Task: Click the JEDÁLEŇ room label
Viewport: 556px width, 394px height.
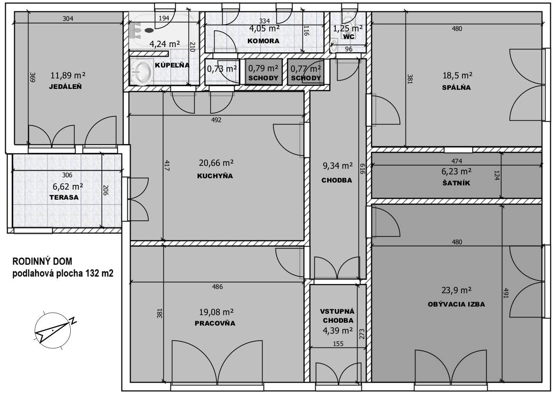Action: click(65, 86)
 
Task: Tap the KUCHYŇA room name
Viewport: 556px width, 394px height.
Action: click(215, 176)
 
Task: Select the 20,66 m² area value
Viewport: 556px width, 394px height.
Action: click(216, 163)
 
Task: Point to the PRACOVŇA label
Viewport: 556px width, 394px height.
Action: click(215, 323)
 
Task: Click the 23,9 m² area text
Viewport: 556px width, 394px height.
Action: click(456, 290)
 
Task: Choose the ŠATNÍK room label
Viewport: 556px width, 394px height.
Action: click(456, 183)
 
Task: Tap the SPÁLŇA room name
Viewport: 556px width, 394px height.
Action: click(456, 87)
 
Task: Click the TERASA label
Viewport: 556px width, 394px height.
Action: click(64, 197)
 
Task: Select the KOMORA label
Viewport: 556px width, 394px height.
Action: click(264, 41)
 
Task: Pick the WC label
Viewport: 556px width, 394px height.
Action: click(349, 37)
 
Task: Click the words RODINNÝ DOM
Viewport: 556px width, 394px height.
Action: click(42, 261)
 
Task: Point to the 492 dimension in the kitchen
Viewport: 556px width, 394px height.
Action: click(216, 120)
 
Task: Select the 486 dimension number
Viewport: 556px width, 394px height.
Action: click(217, 287)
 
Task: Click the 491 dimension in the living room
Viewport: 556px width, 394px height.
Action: click(506, 293)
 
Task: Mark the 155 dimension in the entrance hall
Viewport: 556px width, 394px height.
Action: click(338, 344)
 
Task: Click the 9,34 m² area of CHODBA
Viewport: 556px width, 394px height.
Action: click(337, 166)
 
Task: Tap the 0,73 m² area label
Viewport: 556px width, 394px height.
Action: click(222, 68)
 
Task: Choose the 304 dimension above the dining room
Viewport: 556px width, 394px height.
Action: click(68, 19)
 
